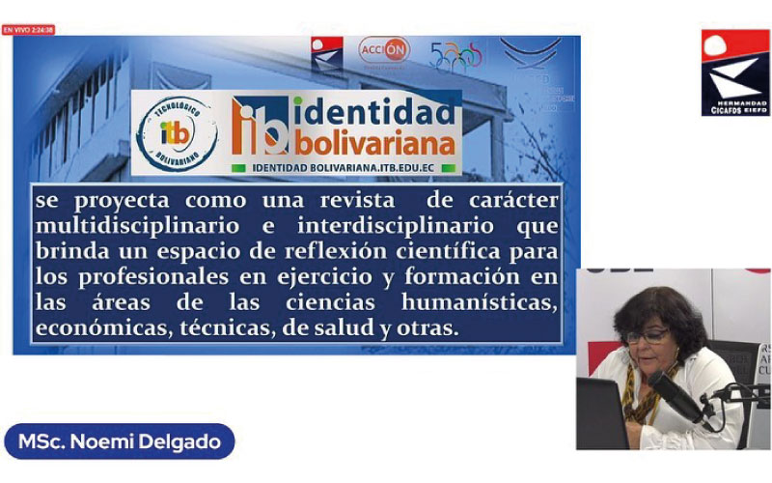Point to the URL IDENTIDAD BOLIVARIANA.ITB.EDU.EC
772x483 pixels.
tap(342, 167)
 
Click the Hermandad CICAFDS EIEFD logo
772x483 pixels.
tap(735, 73)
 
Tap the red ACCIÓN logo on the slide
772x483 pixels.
tap(384, 50)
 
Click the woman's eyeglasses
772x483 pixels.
tap(647, 335)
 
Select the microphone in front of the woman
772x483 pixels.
tap(675, 392)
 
